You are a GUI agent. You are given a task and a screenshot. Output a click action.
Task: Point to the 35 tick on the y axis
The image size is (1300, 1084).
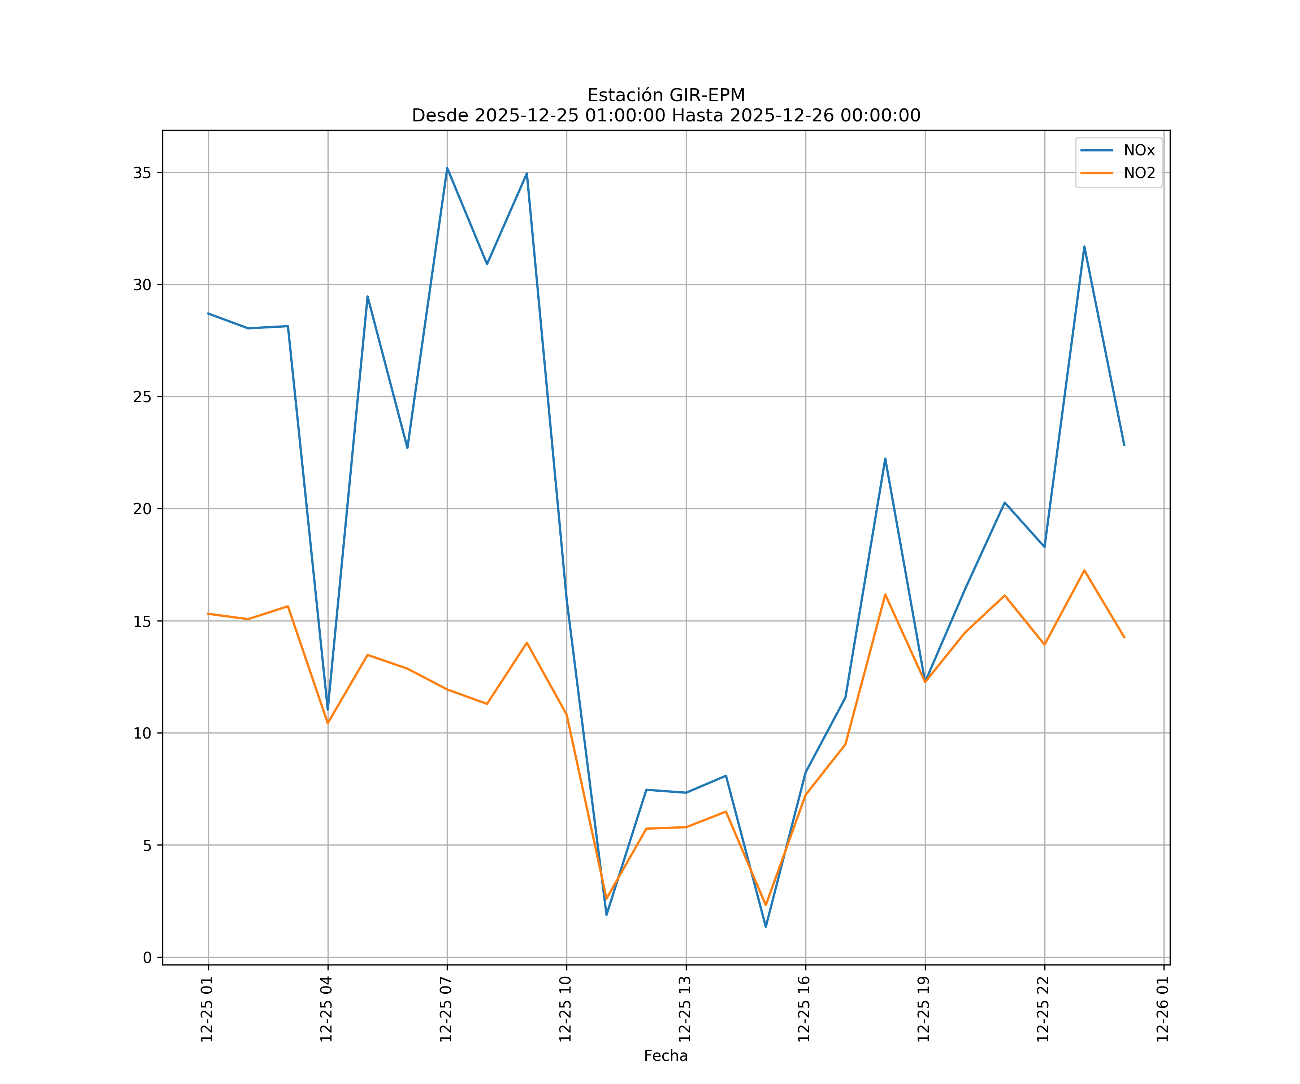(142, 173)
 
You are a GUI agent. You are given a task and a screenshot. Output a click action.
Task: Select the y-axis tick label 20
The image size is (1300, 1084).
(142, 508)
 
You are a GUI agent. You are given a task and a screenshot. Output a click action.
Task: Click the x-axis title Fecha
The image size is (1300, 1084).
(666, 1055)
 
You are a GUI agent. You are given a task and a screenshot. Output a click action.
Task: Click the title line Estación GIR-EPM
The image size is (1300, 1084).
(666, 95)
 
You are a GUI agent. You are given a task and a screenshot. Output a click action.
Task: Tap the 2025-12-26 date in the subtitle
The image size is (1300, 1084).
(782, 116)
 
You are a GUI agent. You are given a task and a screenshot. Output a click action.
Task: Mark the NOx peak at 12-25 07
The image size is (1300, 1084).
(447, 168)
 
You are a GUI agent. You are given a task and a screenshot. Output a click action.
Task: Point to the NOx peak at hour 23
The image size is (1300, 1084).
(1084, 246)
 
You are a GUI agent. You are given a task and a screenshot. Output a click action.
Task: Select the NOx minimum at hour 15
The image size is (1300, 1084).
(766, 927)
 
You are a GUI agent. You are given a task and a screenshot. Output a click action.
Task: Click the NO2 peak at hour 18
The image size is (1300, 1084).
(885, 595)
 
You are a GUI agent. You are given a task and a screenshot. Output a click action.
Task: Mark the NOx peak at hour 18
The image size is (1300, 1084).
(885, 459)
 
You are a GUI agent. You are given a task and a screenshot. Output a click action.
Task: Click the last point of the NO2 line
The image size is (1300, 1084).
(1124, 637)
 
